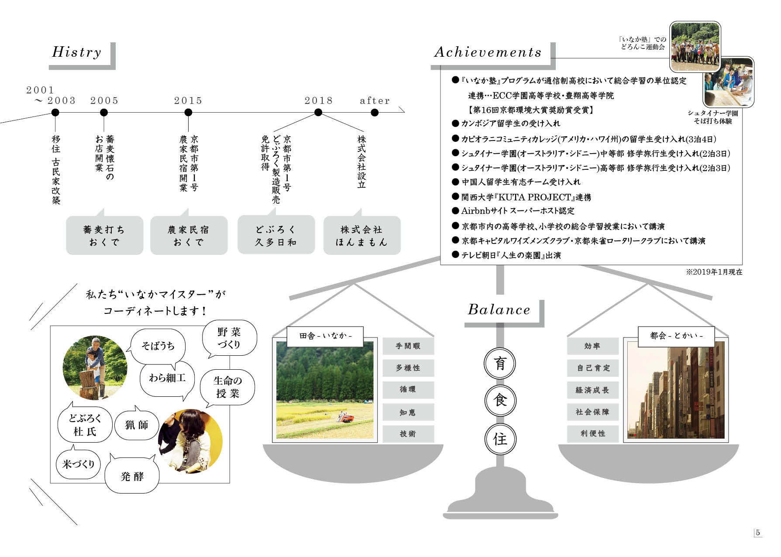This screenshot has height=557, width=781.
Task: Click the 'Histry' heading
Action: (x=77, y=52)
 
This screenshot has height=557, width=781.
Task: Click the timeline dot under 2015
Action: (x=188, y=112)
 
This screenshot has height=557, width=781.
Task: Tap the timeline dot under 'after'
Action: (x=375, y=112)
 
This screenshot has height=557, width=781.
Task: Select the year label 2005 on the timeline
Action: (x=104, y=100)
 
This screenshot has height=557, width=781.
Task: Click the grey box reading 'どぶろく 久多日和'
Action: (x=276, y=235)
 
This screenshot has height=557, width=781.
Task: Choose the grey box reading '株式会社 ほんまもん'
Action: (x=361, y=235)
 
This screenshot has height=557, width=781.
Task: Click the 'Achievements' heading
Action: (x=488, y=52)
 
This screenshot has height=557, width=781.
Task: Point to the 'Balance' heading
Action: (x=499, y=309)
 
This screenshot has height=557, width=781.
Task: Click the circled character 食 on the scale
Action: (x=500, y=401)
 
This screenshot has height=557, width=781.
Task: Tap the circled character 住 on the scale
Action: (x=500, y=439)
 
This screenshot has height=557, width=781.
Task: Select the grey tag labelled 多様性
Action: (x=408, y=368)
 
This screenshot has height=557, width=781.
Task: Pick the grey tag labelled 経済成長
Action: (x=592, y=390)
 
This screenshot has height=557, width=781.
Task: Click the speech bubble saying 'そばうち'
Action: (x=158, y=346)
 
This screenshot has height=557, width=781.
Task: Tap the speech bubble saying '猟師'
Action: (x=137, y=425)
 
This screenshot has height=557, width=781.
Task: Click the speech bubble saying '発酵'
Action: (x=132, y=476)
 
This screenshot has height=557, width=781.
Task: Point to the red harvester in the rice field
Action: (x=347, y=418)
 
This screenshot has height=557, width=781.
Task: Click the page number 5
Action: (x=758, y=533)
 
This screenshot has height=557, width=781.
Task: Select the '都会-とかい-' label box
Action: (x=676, y=336)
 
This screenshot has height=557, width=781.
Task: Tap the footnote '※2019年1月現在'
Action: (x=714, y=272)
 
